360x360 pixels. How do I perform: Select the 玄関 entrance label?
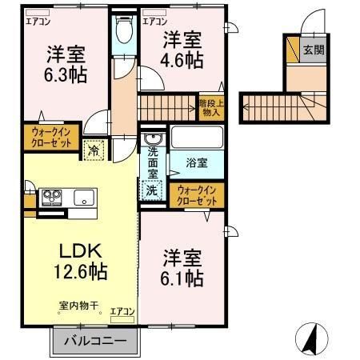click(x=314, y=50)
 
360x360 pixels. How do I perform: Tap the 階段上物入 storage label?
click(x=210, y=108)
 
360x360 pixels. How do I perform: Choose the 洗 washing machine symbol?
click(x=151, y=190)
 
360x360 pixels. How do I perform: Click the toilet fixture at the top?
click(x=124, y=31)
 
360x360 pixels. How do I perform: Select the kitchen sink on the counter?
click(x=84, y=197)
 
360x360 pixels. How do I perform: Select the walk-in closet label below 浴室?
click(x=197, y=195)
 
